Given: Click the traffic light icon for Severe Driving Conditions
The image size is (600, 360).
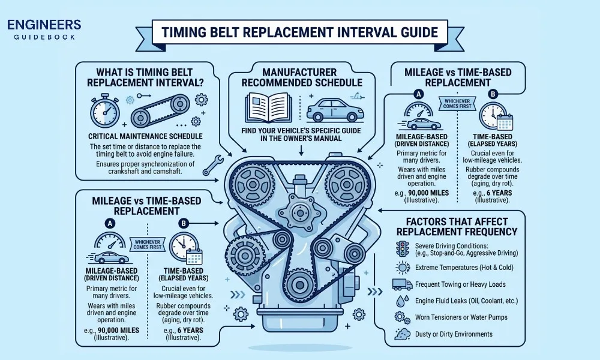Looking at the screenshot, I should [401, 248].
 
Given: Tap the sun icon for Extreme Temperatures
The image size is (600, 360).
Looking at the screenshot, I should [401, 266].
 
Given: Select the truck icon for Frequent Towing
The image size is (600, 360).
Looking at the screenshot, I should [401, 284].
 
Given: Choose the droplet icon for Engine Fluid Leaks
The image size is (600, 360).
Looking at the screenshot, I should [401, 301].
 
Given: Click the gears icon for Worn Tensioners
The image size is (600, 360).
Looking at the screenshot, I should [401, 317].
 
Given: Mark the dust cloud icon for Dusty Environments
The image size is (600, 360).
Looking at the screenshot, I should [401, 334].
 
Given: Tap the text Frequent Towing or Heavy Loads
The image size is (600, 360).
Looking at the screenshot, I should [460, 284].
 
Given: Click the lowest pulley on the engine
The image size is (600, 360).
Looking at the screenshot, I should [299, 283].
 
